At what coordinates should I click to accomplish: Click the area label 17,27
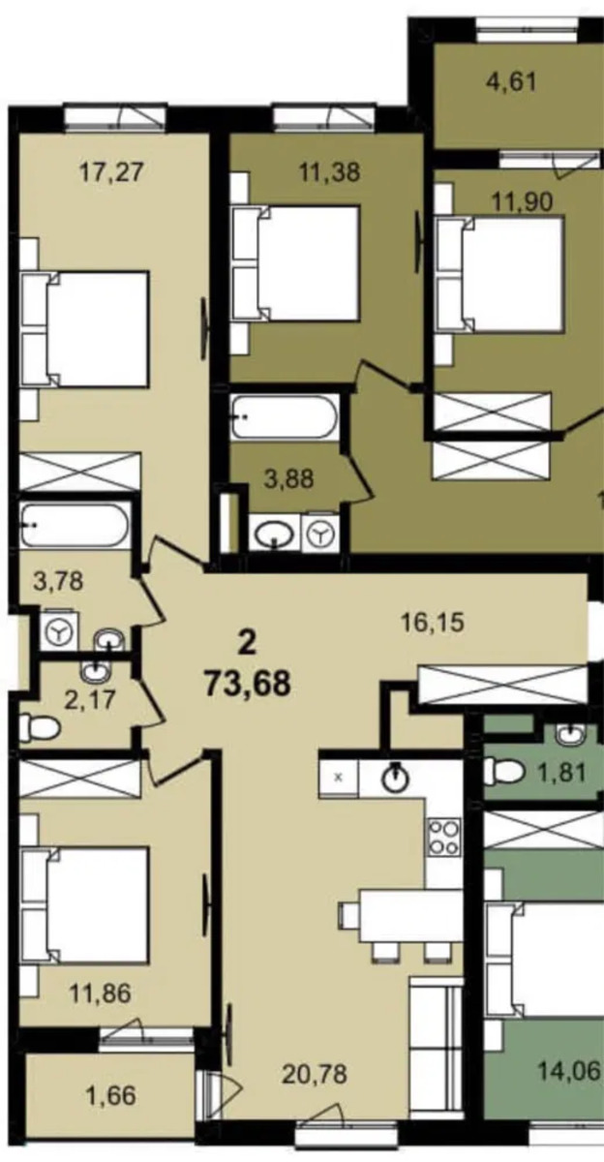pyautogui.click(x=110, y=171)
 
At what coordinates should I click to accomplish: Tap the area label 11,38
pyautogui.click(x=329, y=171)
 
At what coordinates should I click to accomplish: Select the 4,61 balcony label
pyautogui.click(x=511, y=82)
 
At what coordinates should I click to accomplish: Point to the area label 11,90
pyautogui.click(x=522, y=201)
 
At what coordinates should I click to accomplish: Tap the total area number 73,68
pyautogui.click(x=247, y=685)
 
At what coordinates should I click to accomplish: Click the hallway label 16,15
pyautogui.click(x=433, y=622)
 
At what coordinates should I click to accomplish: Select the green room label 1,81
pyautogui.click(x=562, y=774)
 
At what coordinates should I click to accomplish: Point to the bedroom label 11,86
pyautogui.click(x=101, y=994)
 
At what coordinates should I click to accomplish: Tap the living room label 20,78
pyautogui.click(x=315, y=1074)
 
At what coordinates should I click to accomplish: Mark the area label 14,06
pyautogui.click(x=569, y=1070)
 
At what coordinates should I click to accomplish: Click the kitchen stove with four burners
pyautogui.click(x=443, y=838)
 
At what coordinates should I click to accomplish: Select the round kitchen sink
pyautogui.click(x=396, y=777)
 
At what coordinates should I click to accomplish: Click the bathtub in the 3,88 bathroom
pyautogui.click(x=286, y=417)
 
